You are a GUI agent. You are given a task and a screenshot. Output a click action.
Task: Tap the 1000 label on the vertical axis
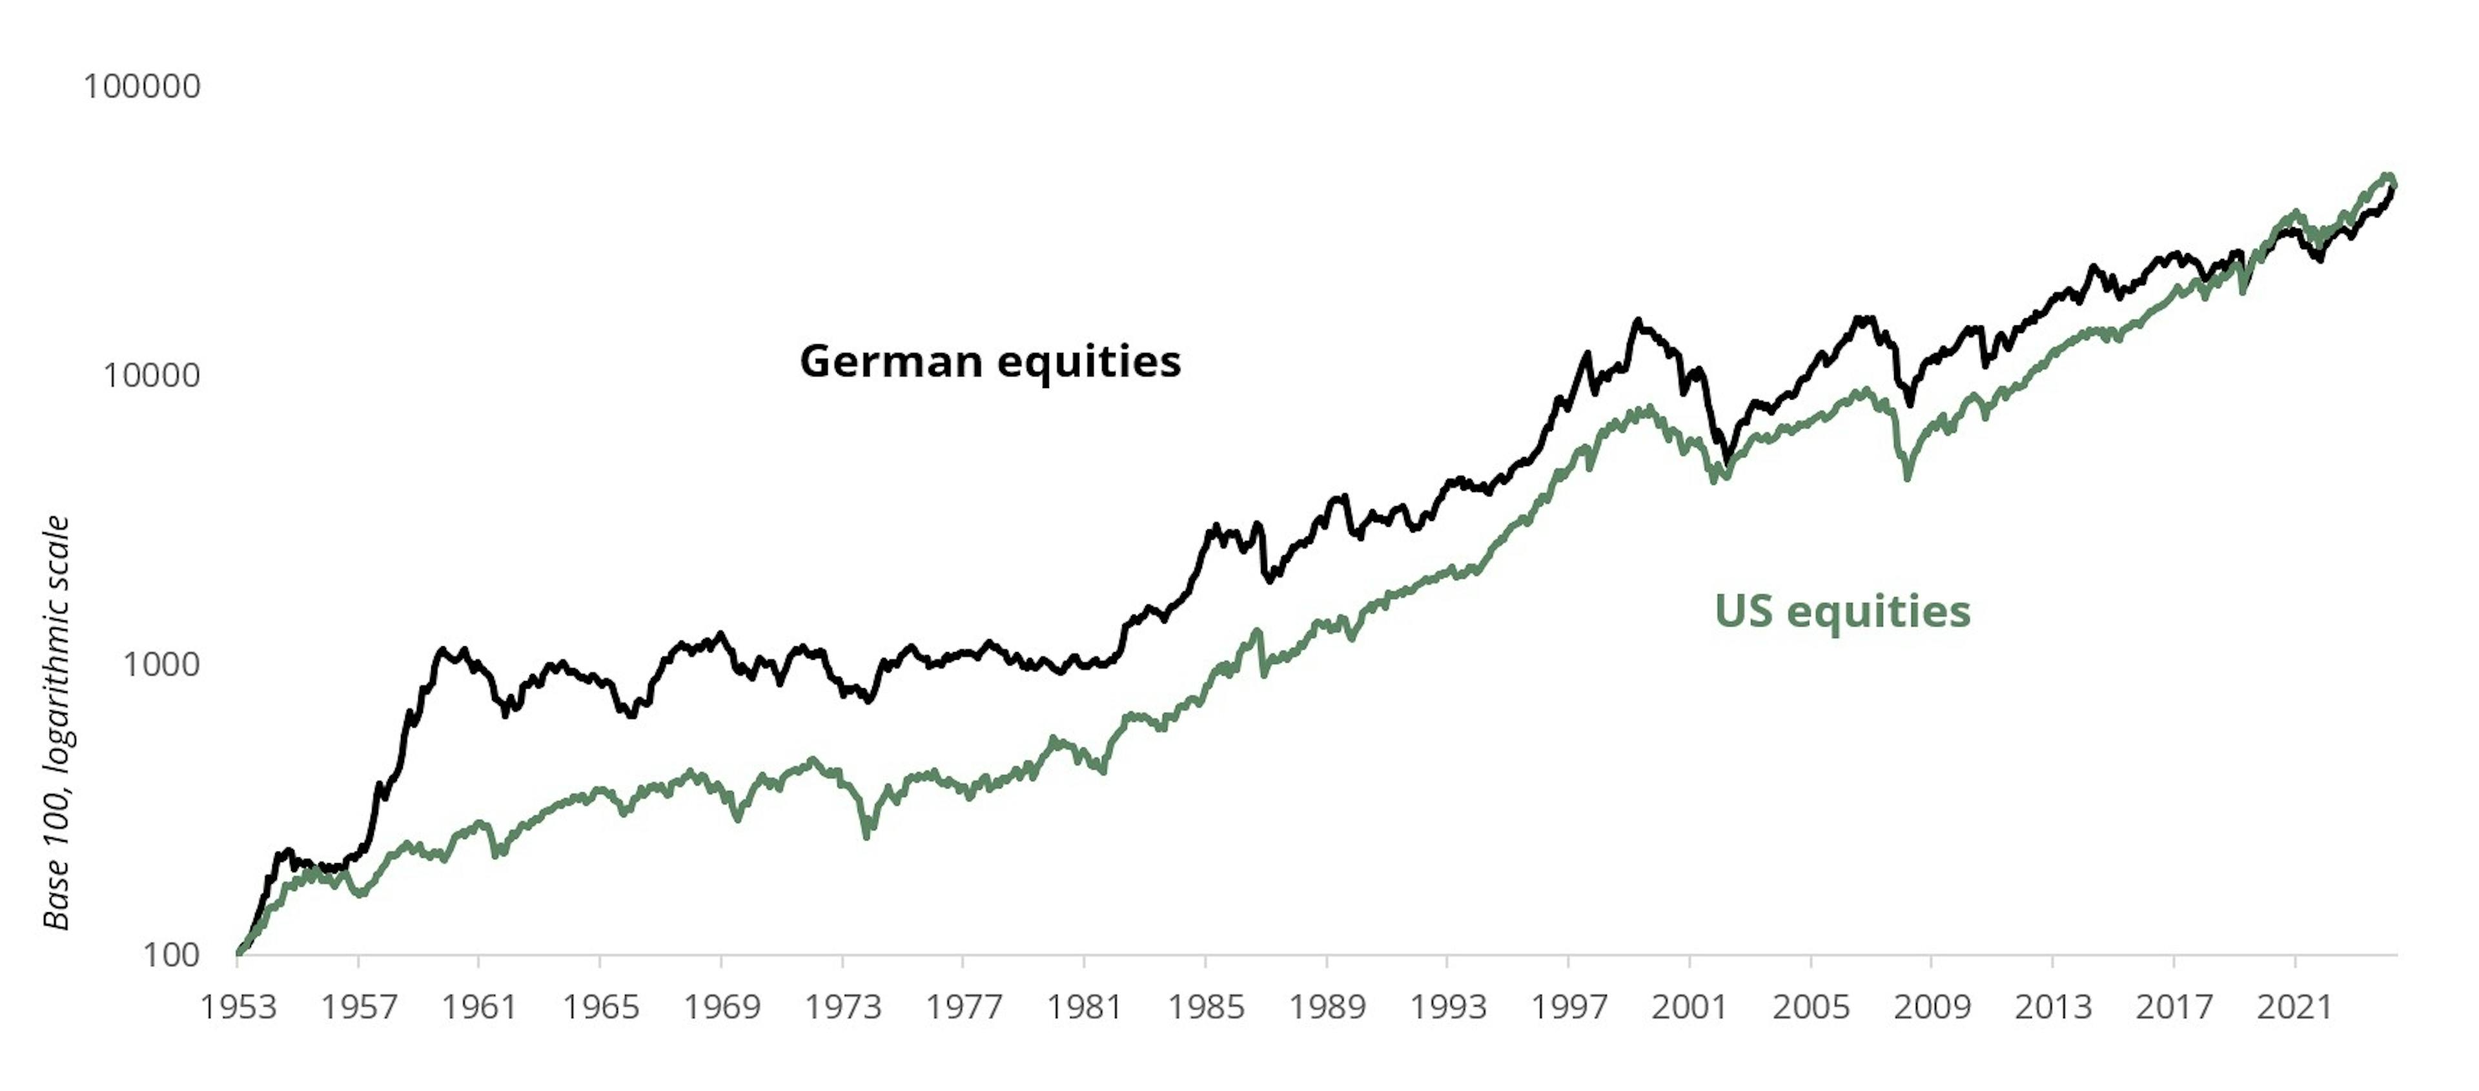pyautogui.click(x=161, y=665)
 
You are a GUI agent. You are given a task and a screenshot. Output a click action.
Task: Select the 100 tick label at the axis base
pyautogui.click(x=170, y=955)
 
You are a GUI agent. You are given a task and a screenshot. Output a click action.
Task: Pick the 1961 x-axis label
pyautogui.click(x=479, y=1007)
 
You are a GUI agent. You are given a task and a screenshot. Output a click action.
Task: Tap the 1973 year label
pyautogui.click(x=842, y=1007)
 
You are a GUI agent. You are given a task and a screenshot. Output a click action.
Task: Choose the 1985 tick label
pyautogui.click(x=1206, y=1007)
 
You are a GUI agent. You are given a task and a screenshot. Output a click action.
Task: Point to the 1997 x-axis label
pyautogui.click(x=1569, y=1007)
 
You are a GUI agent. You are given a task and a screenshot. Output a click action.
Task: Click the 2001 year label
pyautogui.click(x=1690, y=1007)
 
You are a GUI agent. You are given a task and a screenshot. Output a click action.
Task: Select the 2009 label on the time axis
pyautogui.click(x=1932, y=1007)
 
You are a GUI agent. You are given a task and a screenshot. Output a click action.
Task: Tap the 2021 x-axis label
pyautogui.click(x=2295, y=1007)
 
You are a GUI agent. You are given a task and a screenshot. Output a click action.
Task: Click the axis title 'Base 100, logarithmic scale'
pyautogui.click(x=57, y=722)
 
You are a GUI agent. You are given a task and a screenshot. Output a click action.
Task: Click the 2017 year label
pyautogui.click(x=2174, y=1007)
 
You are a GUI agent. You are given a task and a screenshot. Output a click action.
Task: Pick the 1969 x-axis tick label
pyautogui.click(x=722, y=1007)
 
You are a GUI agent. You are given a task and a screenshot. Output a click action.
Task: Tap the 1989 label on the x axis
pyautogui.click(x=1327, y=1007)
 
